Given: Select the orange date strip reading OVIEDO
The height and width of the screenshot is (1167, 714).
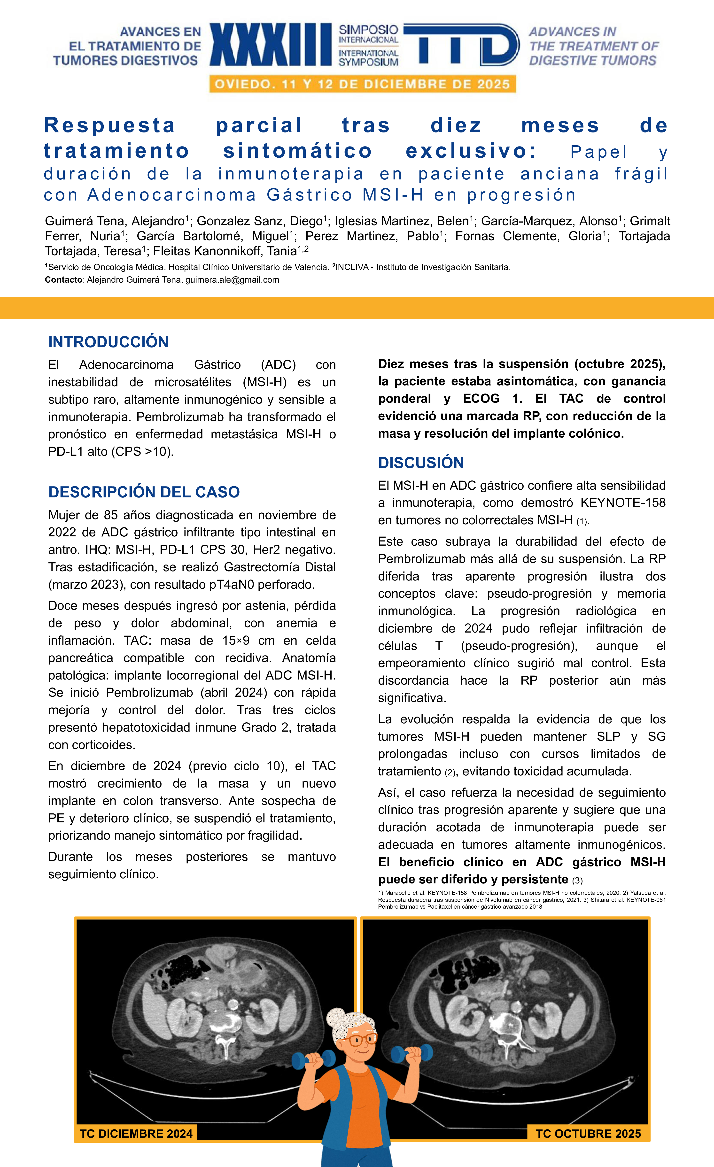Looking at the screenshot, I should (x=362, y=84).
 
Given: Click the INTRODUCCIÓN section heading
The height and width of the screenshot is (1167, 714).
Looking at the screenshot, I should (x=109, y=342).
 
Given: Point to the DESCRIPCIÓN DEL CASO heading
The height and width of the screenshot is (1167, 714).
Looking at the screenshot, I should (x=144, y=492).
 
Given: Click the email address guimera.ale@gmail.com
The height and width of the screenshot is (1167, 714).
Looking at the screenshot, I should (x=232, y=280).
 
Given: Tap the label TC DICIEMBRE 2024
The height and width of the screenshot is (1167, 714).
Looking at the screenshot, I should (x=136, y=1133).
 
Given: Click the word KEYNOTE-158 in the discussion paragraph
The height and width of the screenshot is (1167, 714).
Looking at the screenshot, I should (x=623, y=502).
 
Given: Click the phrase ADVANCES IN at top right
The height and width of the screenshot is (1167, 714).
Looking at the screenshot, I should (x=572, y=32).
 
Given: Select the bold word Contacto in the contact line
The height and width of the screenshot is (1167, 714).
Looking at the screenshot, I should (x=63, y=280).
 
